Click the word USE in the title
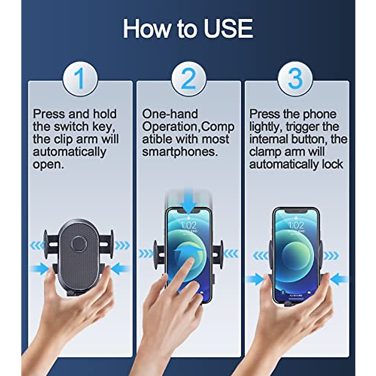click(x=228, y=29)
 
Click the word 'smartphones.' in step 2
click(x=180, y=152)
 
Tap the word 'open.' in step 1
click(x=48, y=164)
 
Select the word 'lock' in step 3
click(x=332, y=164)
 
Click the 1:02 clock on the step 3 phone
click(x=296, y=225)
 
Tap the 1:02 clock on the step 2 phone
click(x=189, y=225)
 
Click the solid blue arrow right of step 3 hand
click(x=340, y=279)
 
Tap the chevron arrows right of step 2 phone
click(x=230, y=253)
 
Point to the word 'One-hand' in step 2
click(x=170, y=114)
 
